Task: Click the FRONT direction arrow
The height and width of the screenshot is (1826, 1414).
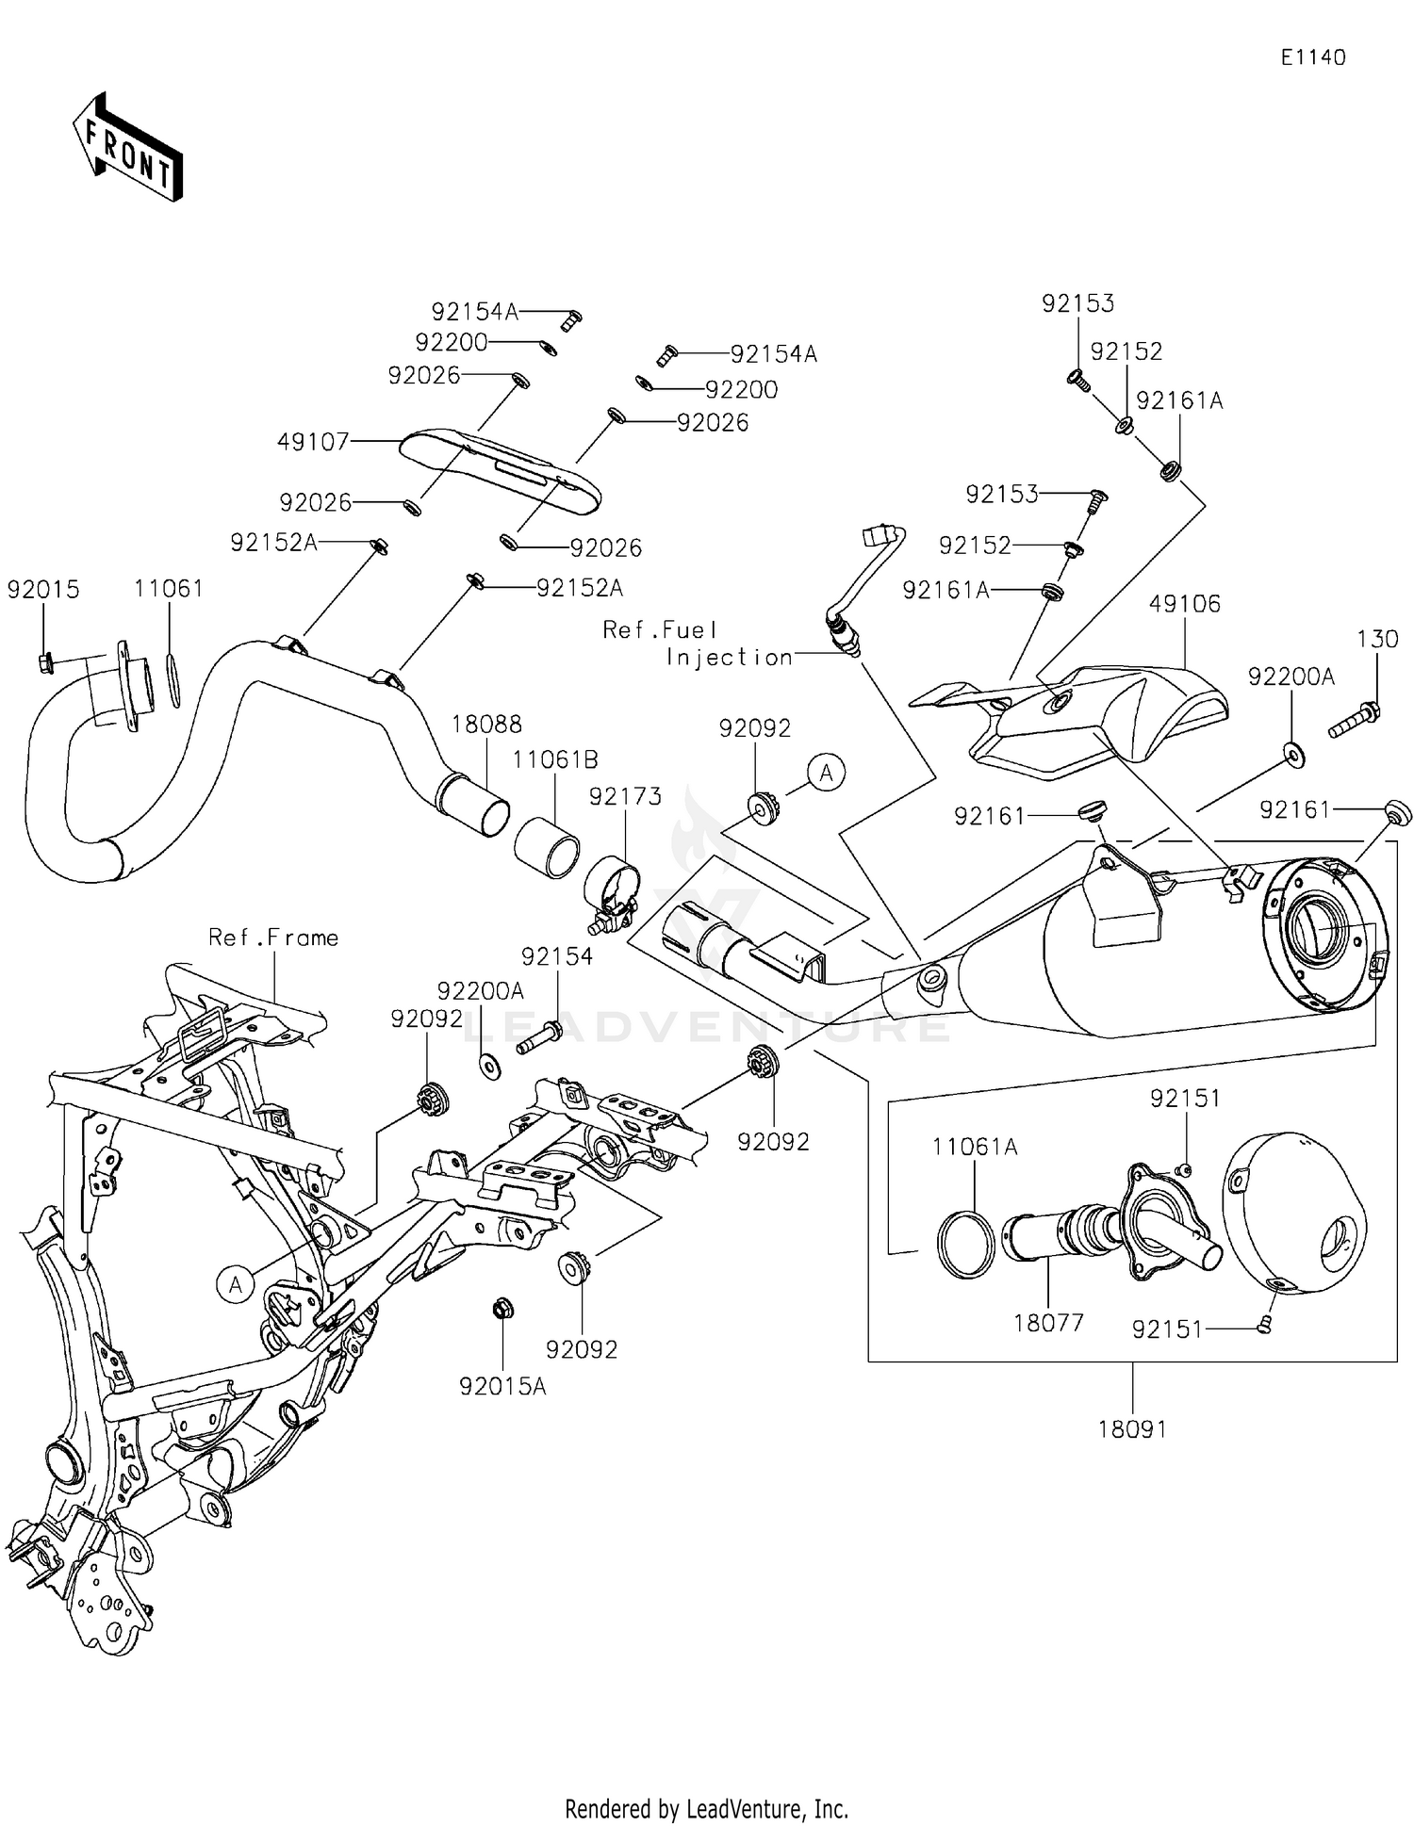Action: pos(127,147)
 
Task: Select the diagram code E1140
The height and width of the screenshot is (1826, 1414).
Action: pos(1313,57)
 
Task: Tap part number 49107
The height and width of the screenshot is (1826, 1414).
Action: pos(314,441)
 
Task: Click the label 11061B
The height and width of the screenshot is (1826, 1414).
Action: pos(555,759)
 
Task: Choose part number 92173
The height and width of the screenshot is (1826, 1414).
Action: pos(625,796)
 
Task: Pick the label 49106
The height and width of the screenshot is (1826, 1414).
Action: pos(1184,603)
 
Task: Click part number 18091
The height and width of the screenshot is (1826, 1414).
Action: pos(1132,1429)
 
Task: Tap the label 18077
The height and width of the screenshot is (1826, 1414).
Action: pos(1048,1323)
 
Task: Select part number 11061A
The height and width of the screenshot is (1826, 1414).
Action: pos(975,1147)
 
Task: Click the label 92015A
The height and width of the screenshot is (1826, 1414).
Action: pos(502,1386)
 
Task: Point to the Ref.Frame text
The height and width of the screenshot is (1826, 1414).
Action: pos(273,937)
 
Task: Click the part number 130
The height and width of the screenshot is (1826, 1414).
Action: pos(1377,639)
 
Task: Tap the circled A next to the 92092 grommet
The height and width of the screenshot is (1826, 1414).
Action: pos(827,773)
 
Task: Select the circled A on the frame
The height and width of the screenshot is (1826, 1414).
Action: pos(236,1283)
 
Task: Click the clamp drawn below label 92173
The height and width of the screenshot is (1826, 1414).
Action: pos(611,895)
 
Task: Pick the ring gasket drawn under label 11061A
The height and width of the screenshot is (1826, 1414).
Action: pos(966,1244)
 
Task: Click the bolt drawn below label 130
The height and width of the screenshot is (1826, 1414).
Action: pos(1356,720)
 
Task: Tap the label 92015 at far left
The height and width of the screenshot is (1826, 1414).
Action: pos(43,589)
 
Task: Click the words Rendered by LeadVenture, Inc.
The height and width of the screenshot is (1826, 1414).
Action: pos(706,1809)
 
